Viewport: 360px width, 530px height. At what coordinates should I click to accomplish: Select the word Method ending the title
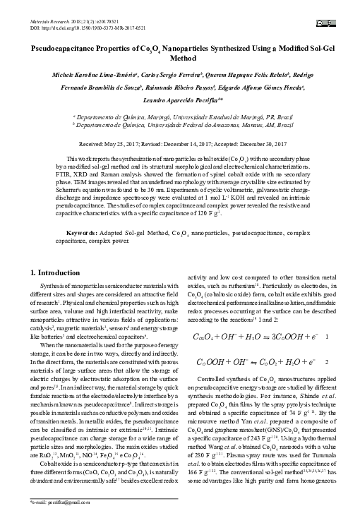179,61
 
